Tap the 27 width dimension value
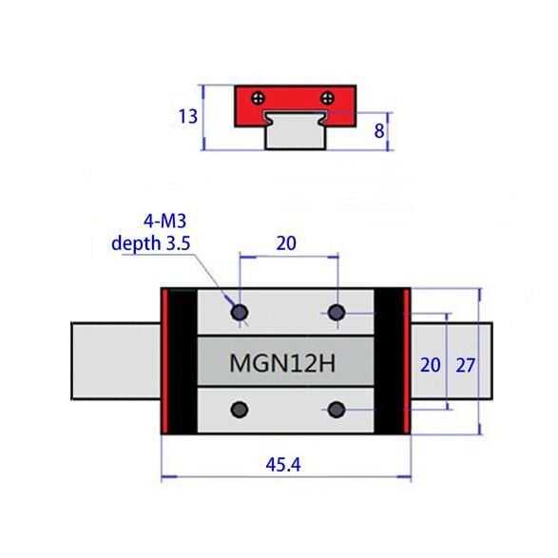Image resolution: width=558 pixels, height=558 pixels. (x=467, y=364)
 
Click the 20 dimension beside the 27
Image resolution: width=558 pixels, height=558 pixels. (x=431, y=364)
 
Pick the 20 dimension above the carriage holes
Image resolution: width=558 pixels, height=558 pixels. (x=286, y=243)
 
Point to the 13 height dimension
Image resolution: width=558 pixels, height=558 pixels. (x=188, y=116)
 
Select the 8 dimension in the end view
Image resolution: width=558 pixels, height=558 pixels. (x=378, y=131)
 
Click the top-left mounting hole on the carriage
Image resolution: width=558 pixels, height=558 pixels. (x=240, y=312)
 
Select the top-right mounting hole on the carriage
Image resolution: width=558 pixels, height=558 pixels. (x=337, y=312)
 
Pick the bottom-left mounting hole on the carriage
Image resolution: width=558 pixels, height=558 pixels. (x=240, y=409)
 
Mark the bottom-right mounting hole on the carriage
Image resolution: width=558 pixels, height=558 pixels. (x=337, y=409)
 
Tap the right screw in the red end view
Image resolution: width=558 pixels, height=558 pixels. (x=328, y=97)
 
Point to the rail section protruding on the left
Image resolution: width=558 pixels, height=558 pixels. (x=114, y=362)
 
